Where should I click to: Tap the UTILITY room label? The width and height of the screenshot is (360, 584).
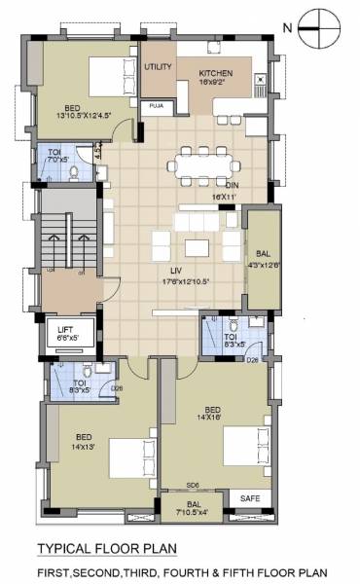pyautogui.click(x=159, y=67)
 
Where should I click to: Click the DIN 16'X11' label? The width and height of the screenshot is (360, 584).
pyautogui.click(x=233, y=191)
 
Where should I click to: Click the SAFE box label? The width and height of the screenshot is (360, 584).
pyautogui.click(x=251, y=498)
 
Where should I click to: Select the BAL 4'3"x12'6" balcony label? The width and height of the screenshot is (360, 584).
pyautogui.click(x=263, y=257)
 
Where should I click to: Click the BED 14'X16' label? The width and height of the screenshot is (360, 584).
pyautogui.click(x=217, y=413)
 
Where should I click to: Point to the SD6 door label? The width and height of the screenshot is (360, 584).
pyautogui.click(x=193, y=485)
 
